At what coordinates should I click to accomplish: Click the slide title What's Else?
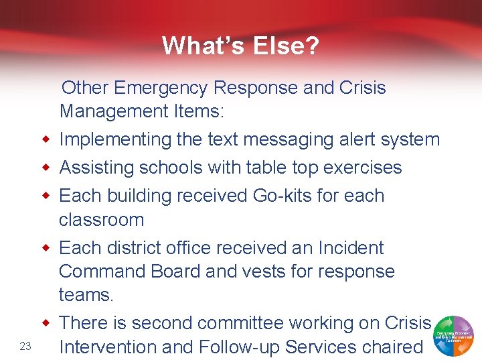pos(240,46)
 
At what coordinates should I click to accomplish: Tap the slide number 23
pos(26,346)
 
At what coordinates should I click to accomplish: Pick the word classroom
pos(101,220)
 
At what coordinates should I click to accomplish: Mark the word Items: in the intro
pos(195,111)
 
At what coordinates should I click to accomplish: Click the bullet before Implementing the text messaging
pos(45,139)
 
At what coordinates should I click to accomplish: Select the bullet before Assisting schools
pos(45,168)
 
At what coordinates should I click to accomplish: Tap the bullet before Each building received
pos(45,196)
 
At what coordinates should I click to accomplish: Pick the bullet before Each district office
pos(45,248)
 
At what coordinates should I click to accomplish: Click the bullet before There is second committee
pos(45,323)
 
